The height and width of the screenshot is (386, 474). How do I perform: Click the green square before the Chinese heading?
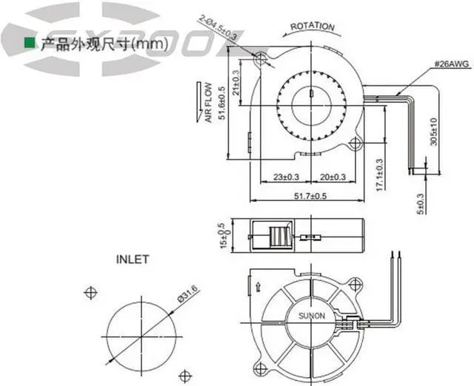[30, 44]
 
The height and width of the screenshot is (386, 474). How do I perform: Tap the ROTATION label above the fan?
[313, 27]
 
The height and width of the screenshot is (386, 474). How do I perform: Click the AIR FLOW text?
[209, 102]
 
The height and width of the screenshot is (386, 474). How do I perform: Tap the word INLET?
[133, 260]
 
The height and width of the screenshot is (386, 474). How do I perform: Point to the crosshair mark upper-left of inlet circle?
[92, 291]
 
